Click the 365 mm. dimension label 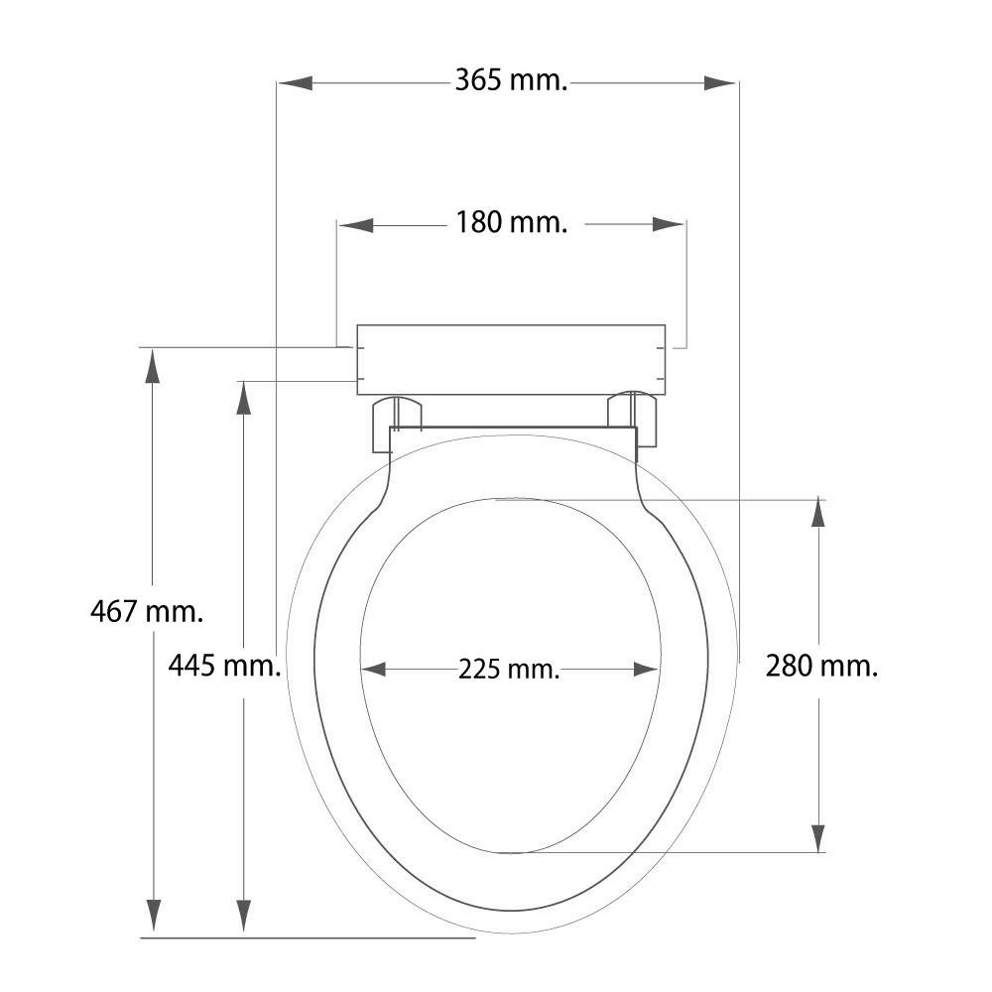tap(511, 81)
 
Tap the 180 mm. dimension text tap(511, 222)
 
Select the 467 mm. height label tap(147, 612)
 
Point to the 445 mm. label tap(224, 666)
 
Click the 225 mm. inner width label tap(509, 670)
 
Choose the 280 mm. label tap(821, 666)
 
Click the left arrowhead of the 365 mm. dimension tap(296, 83)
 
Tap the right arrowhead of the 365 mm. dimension tap(720, 83)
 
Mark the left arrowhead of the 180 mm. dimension tap(356, 224)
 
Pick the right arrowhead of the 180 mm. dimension tap(668, 224)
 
